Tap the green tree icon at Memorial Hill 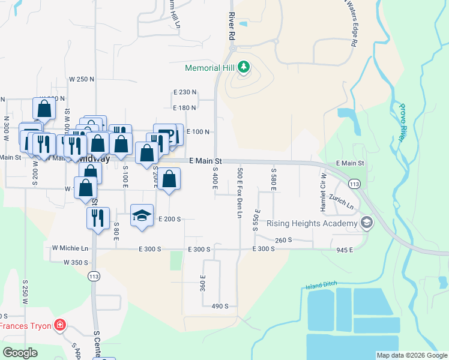pos(244,67)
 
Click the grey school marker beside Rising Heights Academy pos(366,224)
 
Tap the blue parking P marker pos(169,134)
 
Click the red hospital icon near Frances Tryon pos(59,326)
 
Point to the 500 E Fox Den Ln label pos(240,192)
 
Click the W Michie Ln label pos(70,248)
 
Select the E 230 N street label pos(185,92)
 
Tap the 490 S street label pos(220,306)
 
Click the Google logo pos(20,353)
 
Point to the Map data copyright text pos(412,355)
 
